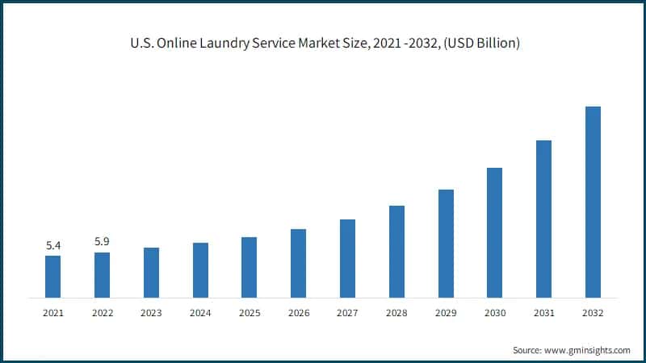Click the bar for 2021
[x=52, y=277]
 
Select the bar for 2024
[x=200, y=270]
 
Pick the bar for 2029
[x=446, y=244]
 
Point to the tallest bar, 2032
[x=593, y=202]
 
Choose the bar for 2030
[x=494, y=232]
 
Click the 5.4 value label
[x=53, y=245]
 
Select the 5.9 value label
[x=103, y=241]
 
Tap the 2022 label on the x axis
[x=103, y=312]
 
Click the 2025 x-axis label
[x=250, y=312]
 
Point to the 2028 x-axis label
[x=396, y=312]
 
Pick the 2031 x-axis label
[x=543, y=312]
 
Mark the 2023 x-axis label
[x=151, y=312]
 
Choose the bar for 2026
[x=299, y=263]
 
